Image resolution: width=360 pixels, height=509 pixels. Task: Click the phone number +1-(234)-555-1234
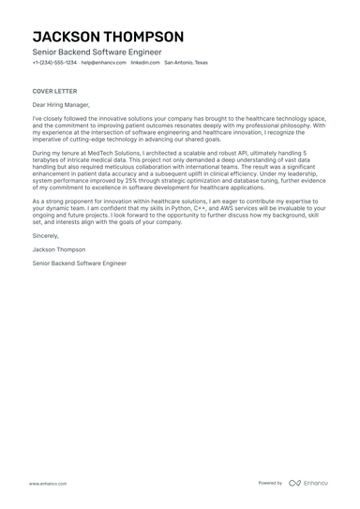[x=54, y=63]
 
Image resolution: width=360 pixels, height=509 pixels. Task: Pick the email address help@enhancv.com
[x=102, y=63]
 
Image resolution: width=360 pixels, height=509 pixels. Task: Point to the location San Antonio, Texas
[x=187, y=63]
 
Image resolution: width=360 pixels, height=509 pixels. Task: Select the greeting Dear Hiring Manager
[x=64, y=106]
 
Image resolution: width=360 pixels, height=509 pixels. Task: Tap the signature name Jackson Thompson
[x=59, y=251]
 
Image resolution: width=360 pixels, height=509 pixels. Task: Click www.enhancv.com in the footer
[x=47, y=483]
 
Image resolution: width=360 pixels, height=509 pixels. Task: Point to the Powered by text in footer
[x=270, y=483]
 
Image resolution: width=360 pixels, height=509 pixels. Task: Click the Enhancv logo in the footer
[x=308, y=483]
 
